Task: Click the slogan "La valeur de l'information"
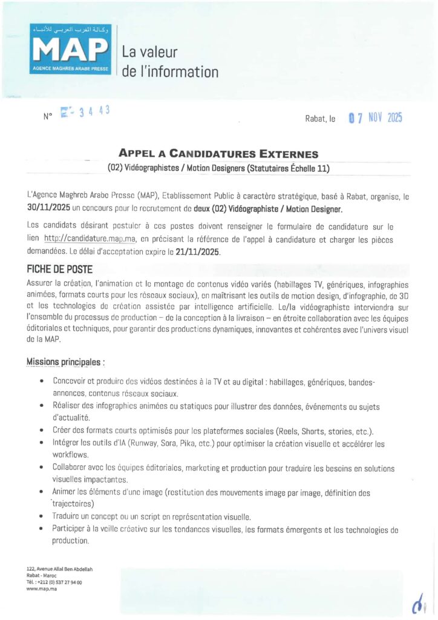(x=169, y=62)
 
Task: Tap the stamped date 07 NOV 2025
(x=375, y=118)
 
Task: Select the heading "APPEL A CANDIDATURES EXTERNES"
(x=218, y=154)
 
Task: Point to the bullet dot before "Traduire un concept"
(x=40, y=517)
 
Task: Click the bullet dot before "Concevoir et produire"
(x=40, y=383)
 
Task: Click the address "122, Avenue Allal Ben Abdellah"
(x=59, y=569)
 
